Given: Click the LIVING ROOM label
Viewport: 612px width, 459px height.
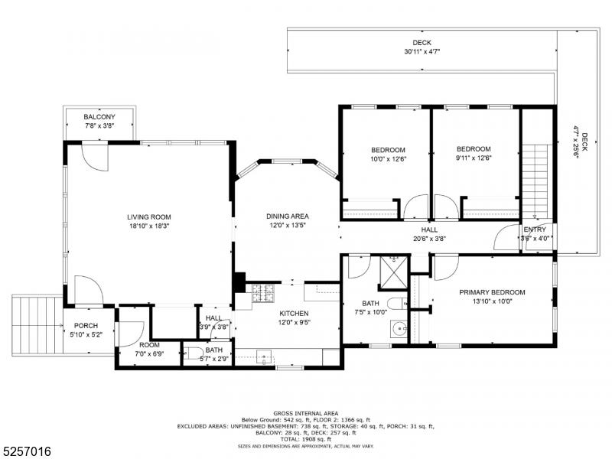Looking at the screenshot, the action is click(149, 217).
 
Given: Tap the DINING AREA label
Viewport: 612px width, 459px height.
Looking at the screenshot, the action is click(288, 216).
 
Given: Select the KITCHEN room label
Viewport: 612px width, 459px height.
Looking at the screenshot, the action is click(294, 314).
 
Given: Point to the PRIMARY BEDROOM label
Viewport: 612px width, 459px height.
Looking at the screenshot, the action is click(492, 292).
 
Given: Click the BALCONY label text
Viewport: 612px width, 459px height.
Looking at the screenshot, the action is click(99, 117).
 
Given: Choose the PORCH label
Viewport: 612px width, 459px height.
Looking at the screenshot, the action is click(86, 326).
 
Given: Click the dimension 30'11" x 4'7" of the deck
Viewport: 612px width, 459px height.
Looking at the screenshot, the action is click(422, 51).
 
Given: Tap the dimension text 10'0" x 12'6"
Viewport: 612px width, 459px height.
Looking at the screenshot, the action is click(388, 159).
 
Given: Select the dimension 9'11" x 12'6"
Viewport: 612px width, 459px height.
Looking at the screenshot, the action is click(474, 158).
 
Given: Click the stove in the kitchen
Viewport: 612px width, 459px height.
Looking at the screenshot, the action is click(262, 293).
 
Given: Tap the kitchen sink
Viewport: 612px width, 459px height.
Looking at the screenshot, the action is click(264, 356).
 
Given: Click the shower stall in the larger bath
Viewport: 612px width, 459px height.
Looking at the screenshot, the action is click(394, 273).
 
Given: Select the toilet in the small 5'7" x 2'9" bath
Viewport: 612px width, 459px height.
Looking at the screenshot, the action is click(194, 353).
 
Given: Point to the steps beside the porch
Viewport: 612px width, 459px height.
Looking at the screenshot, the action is click(37, 324).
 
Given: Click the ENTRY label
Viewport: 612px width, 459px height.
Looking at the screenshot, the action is click(534, 229).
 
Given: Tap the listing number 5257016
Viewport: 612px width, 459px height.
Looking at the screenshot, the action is click(26, 451).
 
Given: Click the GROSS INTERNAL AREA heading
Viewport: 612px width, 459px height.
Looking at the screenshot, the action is click(305, 413).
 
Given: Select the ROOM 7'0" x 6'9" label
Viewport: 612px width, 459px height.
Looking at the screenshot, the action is click(149, 345).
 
